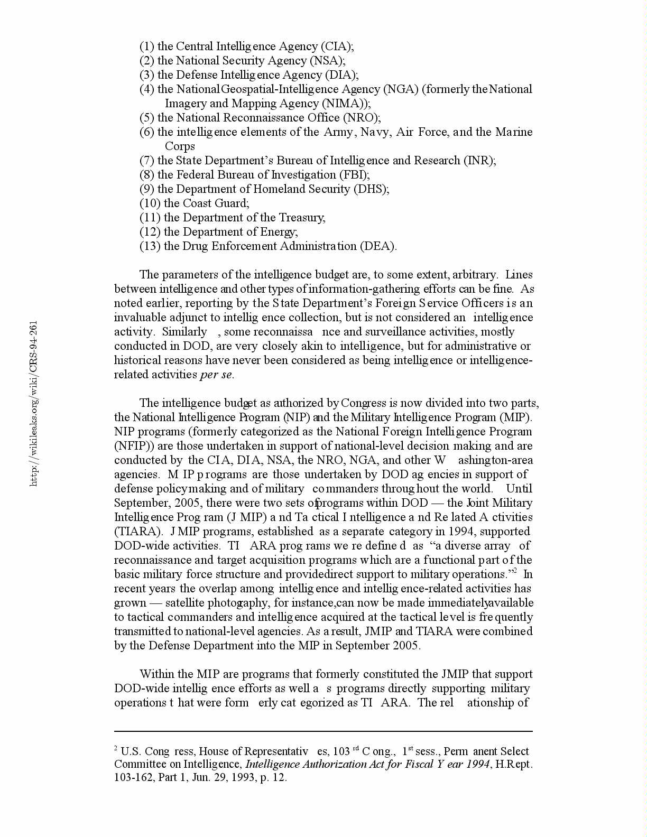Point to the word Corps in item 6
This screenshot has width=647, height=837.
point(180,146)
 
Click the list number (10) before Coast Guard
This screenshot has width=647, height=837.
point(150,203)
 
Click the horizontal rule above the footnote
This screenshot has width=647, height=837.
point(323,731)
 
